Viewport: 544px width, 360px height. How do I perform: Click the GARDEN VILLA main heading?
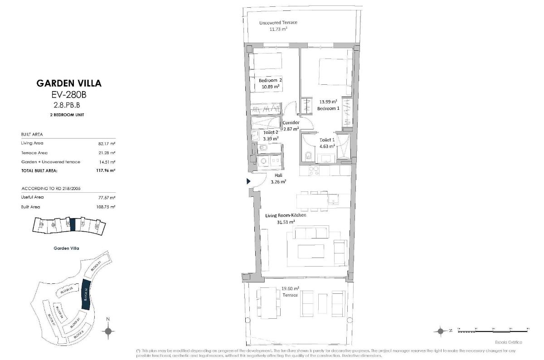coord(69,83)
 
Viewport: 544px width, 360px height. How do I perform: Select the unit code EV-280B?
coord(69,95)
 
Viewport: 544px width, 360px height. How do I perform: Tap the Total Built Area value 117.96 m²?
coord(107,171)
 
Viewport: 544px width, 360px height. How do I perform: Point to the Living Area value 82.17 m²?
coord(107,143)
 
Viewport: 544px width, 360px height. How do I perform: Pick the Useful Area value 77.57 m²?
coord(107,198)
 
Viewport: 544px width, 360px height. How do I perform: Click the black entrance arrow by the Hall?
coord(248,181)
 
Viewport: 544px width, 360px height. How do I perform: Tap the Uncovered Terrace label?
coord(278,23)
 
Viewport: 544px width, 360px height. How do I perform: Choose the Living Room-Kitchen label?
coord(286,215)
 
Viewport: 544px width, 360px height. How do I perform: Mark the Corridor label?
coord(290,123)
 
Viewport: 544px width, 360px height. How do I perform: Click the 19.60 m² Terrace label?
coord(290,292)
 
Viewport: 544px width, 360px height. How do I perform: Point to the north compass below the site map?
coord(108,331)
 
